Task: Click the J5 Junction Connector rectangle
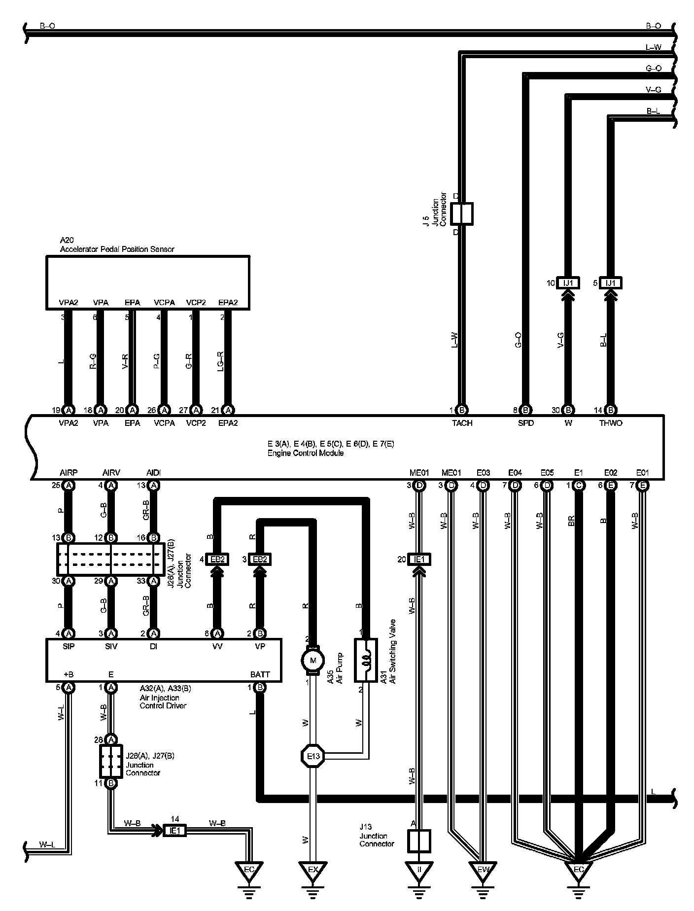click(462, 214)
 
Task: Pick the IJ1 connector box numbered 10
click(568, 283)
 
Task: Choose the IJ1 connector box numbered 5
click(611, 283)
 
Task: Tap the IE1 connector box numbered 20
click(419, 560)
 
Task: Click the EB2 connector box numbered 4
click(217, 560)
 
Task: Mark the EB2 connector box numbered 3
click(260, 560)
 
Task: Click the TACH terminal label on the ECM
click(462, 423)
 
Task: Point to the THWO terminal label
click(611, 423)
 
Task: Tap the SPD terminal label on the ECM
click(525, 423)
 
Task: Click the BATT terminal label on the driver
click(260, 674)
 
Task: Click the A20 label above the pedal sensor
click(67, 240)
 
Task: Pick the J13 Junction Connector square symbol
click(419, 841)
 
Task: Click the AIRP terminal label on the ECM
click(69, 473)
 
